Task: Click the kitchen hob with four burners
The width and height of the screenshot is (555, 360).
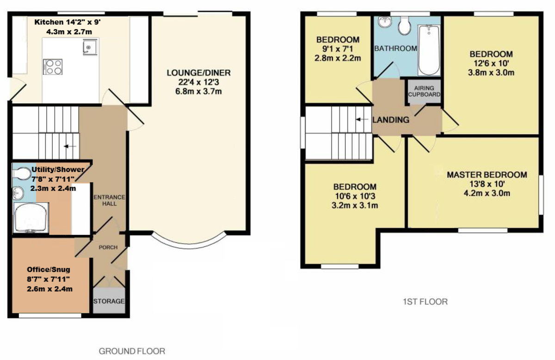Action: tap(53, 67)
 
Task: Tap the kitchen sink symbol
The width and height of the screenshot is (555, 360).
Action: tap(89, 47)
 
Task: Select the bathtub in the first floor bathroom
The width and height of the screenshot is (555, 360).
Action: tap(429, 50)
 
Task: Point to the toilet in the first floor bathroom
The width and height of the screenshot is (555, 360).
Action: tap(404, 26)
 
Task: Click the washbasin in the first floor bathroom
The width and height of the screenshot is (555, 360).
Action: tap(385, 22)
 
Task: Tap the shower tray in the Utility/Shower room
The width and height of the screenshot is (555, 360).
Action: tap(31, 218)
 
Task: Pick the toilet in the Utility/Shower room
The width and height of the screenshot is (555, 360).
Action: tap(22, 174)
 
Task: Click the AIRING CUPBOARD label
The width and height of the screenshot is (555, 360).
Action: tap(424, 91)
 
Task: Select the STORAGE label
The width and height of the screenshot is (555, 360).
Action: tap(109, 301)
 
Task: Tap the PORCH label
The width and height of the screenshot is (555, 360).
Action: tap(108, 247)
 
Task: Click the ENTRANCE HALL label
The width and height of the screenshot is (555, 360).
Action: tap(109, 200)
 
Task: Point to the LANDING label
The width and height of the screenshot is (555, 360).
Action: tap(391, 120)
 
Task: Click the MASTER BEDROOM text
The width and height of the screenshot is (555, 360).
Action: tap(487, 175)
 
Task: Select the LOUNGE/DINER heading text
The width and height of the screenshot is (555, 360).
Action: tap(199, 73)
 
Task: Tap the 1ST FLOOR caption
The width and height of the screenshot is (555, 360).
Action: tap(425, 302)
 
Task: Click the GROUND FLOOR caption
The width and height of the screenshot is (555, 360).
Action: tap(132, 351)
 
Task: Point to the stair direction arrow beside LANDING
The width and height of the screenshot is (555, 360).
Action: tap(362, 120)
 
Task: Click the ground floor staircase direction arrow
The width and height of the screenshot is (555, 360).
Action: tap(70, 146)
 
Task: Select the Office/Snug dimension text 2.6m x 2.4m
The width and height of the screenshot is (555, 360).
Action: tap(50, 289)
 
